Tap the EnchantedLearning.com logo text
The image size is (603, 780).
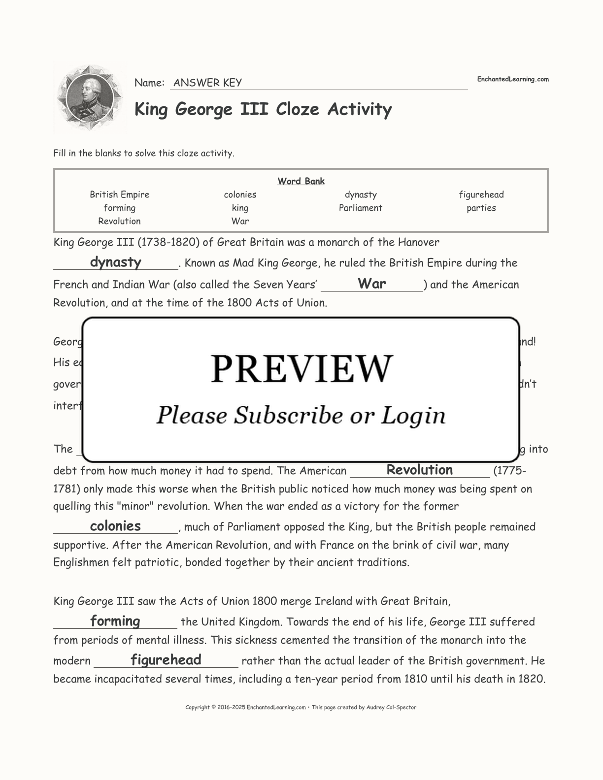512,79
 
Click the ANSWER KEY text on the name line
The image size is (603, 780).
207,83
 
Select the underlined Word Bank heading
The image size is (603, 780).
301,181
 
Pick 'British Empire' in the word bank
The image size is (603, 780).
119,195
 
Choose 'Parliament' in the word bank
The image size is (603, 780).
360,208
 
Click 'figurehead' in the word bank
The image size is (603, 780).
481,195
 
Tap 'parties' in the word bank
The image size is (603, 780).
481,208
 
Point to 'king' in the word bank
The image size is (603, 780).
240,208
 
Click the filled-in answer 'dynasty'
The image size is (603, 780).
115,262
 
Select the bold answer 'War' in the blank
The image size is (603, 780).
371,283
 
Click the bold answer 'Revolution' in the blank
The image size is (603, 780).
419,470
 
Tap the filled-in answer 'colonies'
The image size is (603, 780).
115,526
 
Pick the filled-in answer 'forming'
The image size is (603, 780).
115,621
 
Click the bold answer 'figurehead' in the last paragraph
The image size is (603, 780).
166,660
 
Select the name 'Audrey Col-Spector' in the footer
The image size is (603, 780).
391,707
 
